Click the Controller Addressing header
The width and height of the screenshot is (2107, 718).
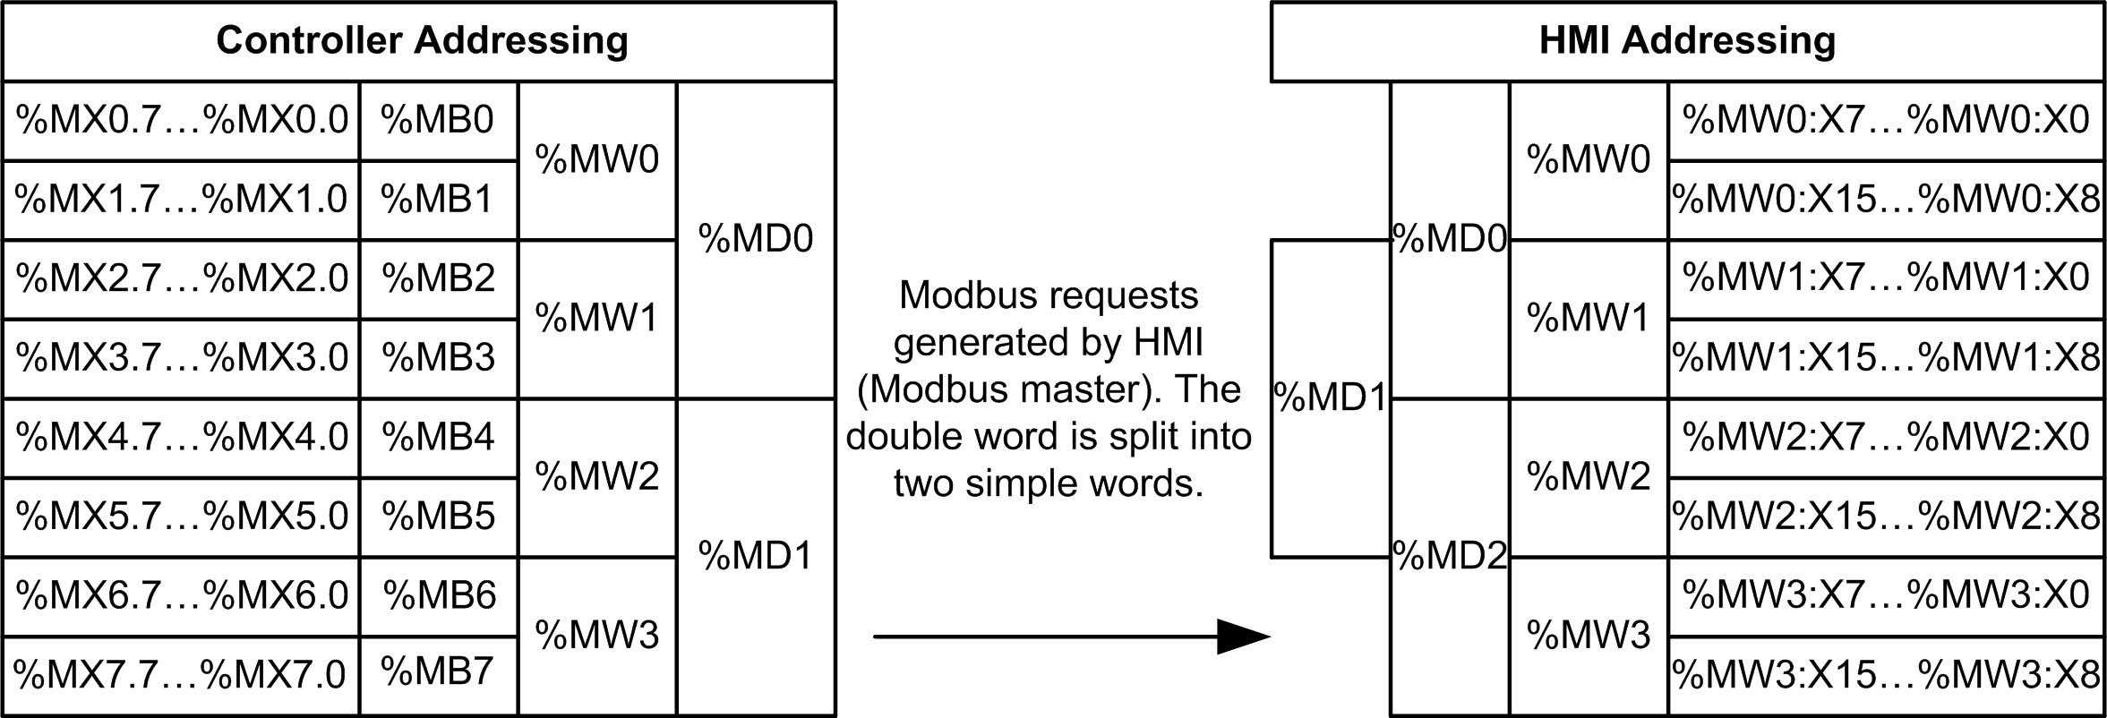pyautogui.click(x=421, y=41)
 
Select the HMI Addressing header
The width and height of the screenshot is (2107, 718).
pyautogui.click(x=1687, y=41)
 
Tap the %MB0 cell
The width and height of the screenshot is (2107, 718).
pyautogui.click(x=438, y=120)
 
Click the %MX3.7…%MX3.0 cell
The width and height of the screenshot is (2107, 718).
pyautogui.click(x=182, y=358)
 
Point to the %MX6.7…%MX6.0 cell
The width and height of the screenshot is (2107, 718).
pyautogui.click(x=182, y=595)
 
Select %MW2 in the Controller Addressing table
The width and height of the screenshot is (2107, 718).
pyautogui.click(x=596, y=476)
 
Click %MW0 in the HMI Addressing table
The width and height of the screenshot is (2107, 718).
pyautogui.click(x=1588, y=159)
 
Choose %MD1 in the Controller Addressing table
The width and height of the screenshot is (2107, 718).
pyautogui.click(x=756, y=556)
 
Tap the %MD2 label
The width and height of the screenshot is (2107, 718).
pyautogui.click(x=1450, y=557)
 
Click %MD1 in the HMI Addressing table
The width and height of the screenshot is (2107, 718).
pyautogui.click(x=1331, y=397)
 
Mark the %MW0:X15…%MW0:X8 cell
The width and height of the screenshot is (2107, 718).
pyautogui.click(x=1886, y=200)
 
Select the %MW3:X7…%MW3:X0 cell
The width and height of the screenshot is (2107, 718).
pyautogui.click(x=1886, y=595)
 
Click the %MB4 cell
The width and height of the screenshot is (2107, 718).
pyautogui.click(x=438, y=437)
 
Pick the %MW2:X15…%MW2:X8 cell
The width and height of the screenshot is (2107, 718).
pyautogui.click(x=1886, y=517)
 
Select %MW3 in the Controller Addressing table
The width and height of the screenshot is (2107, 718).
pyautogui.click(x=596, y=635)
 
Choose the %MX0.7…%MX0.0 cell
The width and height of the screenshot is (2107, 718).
pyautogui.click(x=182, y=120)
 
